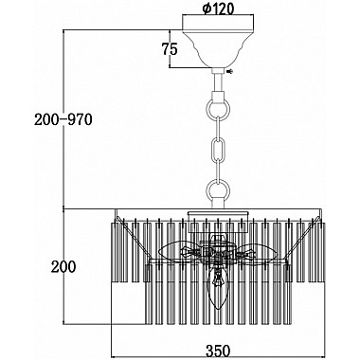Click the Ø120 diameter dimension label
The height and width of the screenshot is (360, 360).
tap(218, 9)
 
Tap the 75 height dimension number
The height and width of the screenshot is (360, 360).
tap(170, 49)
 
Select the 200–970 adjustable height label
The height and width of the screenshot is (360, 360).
tap(63, 119)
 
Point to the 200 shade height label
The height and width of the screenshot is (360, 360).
tap(63, 267)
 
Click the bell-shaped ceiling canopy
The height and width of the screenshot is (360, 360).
tap(218, 48)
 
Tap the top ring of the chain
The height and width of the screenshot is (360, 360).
tap(218, 108)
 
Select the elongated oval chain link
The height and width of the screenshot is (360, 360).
tap(218, 150)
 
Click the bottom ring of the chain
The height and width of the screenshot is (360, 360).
tap(218, 190)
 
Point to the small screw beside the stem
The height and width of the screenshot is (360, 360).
tap(230, 72)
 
